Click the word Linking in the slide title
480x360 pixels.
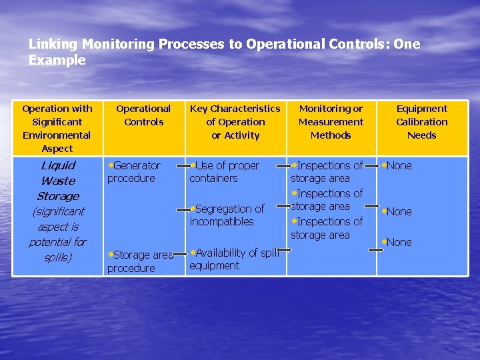coord(54,44)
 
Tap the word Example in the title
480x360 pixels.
coord(57,60)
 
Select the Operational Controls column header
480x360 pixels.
coord(143,115)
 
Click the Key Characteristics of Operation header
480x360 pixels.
coord(235,121)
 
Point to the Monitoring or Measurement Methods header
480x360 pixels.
coord(331,121)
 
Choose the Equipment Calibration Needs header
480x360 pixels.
coord(421,121)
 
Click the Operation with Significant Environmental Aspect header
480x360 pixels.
coord(57,128)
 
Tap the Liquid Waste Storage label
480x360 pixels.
coord(58,180)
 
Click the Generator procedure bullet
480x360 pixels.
coord(134,171)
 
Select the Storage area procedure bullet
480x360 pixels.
coord(140,261)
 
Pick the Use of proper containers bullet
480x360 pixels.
coord(224,171)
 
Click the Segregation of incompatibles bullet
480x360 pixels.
coord(227,215)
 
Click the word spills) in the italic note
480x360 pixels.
coord(57,257)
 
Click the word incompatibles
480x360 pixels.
coord(221,221)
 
